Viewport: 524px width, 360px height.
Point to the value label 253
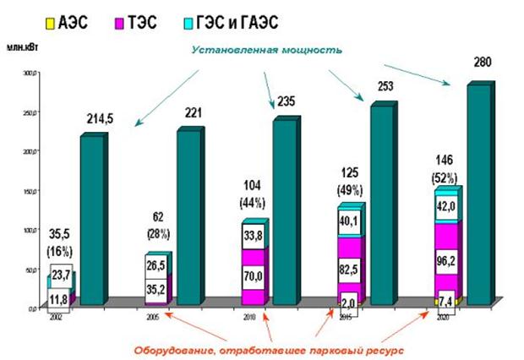385,86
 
